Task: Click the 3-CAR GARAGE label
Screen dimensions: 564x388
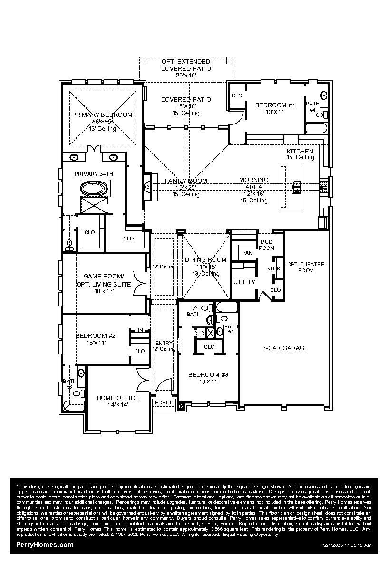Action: tap(285, 348)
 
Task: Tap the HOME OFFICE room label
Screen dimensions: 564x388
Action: tap(118, 398)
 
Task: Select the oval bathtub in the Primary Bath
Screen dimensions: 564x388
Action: tap(94, 189)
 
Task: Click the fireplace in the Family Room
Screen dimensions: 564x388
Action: tap(147, 187)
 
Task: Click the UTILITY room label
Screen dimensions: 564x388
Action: tap(244, 282)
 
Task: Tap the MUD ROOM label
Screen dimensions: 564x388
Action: tap(266, 245)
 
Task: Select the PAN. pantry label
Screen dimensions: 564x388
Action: tap(247, 253)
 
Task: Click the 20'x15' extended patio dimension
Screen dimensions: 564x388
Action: tap(185, 75)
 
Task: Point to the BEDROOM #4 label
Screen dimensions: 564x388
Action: tap(275, 105)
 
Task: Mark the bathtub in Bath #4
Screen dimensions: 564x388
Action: tap(316, 128)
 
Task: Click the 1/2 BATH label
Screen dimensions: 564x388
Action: tap(194, 311)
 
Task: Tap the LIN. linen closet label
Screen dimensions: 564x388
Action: tap(139, 330)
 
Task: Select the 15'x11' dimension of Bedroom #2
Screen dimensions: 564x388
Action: tap(95, 343)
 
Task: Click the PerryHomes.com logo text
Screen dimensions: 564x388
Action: tap(45, 545)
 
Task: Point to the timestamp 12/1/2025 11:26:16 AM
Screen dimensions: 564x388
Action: tap(347, 545)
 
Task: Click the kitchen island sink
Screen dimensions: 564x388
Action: tap(296, 187)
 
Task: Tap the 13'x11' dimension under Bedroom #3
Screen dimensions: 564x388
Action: tap(208, 382)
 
